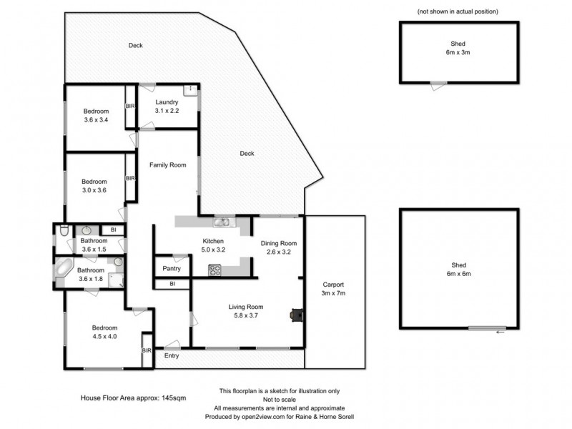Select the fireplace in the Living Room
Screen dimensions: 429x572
[x=295, y=314]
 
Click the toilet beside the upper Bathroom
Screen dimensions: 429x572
[x=64, y=230]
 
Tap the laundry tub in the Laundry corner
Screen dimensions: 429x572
[x=190, y=89]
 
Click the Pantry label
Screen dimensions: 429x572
[x=171, y=269]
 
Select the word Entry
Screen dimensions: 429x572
[x=172, y=355]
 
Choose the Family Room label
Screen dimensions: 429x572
[x=167, y=164]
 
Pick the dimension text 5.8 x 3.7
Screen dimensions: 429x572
[x=246, y=315]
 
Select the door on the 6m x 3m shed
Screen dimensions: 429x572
[x=438, y=84]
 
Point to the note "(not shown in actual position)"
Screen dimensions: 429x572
[x=458, y=12]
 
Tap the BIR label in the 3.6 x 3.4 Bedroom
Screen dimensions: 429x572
[x=130, y=107]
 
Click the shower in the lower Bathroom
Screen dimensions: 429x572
[x=117, y=272]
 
